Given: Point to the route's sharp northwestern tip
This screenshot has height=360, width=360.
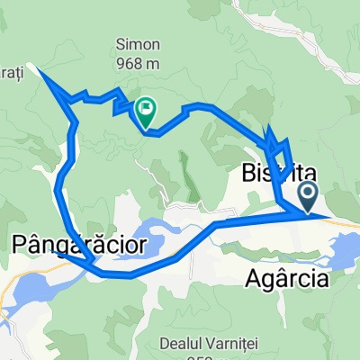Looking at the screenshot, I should tap(36, 66).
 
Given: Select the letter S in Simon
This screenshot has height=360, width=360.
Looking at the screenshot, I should tap(117, 43).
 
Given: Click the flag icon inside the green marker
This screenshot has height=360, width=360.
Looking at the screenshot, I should tap(144, 109).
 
